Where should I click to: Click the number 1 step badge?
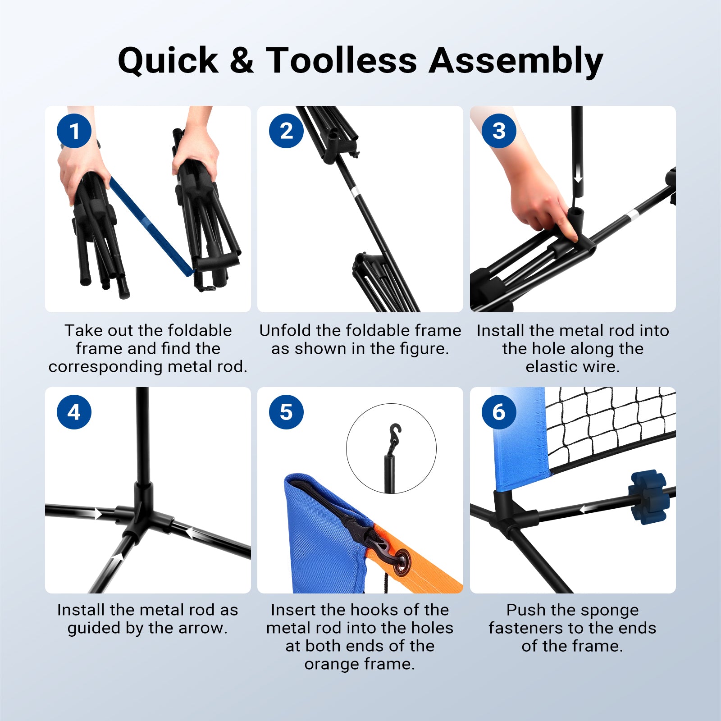pyautogui.click(x=74, y=131)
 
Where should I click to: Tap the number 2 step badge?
pyautogui.click(x=286, y=131)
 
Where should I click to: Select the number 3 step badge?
pyautogui.click(x=499, y=131)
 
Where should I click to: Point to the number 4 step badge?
pyautogui.click(x=74, y=412)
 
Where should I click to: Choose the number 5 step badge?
pyautogui.click(x=286, y=412)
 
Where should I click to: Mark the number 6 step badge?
pyautogui.click(x=499, y=412)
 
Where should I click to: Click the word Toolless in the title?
pyautogui.click(x=341, y=60)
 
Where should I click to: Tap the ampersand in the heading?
pyautogui.click(x=242, y=60)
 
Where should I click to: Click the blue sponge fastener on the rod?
pyautogui.click(x=648, y=497)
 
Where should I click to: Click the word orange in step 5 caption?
pyautogui.click(x=333, y=664)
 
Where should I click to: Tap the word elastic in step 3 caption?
pyautogui.click(x=553, y=367)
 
